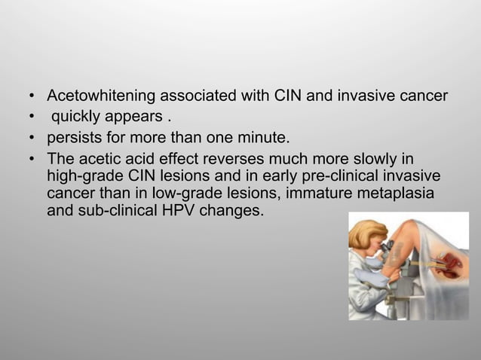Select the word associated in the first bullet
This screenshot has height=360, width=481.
click(198, 96)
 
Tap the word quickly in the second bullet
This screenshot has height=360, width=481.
click(76, 117)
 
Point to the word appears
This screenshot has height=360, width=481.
click(136, 117)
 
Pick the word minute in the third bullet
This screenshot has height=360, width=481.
click(265, 139)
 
